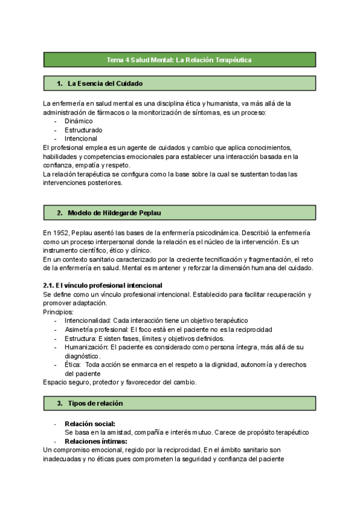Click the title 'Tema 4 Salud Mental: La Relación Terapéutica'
[x=179, y=60]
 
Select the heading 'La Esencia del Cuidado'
[x=105, y=83]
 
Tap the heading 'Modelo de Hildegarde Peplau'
[x=114, y=212]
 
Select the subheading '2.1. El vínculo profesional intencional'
[x=103, y=285]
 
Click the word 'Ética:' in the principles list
[x=73, y=365]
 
